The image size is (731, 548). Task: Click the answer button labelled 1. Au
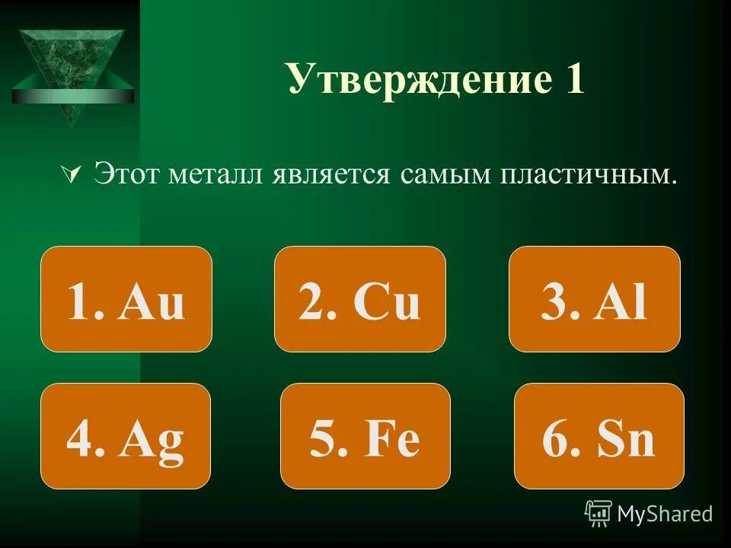126,299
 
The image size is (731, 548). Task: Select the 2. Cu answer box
359,299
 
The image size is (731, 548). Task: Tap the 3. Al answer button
594,299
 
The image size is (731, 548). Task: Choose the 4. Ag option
125,435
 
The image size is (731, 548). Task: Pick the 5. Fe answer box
365,435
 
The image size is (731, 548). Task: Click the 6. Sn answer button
599,435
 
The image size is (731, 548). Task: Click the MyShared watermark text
665,514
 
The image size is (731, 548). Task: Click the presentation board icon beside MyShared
599,513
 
